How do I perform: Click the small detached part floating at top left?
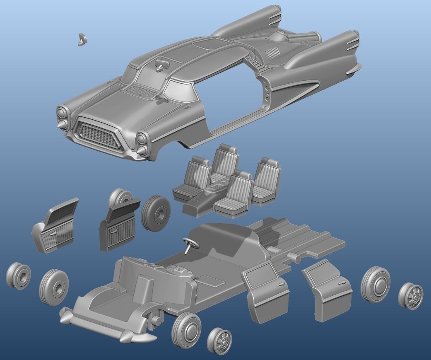pos(82,39)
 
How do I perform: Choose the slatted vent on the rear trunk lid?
pos(273,53)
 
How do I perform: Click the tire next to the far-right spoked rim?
pos(376,284)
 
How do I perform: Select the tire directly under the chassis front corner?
pos(186,330)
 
